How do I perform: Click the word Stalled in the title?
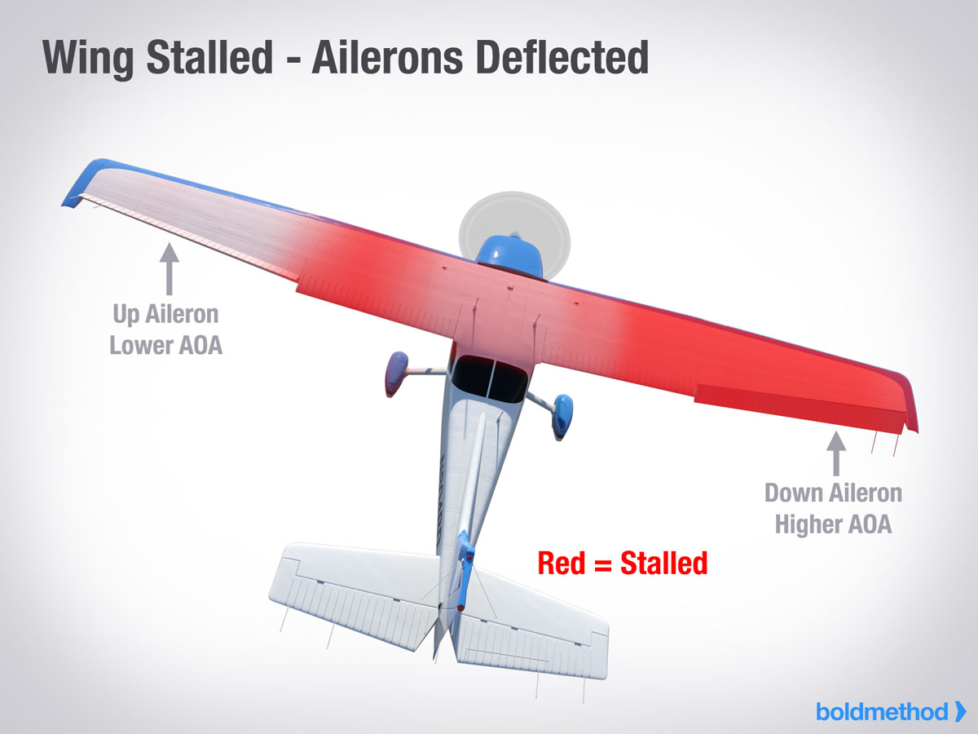tap(209, 57)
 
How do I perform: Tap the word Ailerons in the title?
tap(388, 57)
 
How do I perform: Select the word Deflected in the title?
tap(562, 57)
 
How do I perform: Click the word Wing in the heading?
tap(88, 60)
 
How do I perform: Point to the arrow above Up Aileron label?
tap(170, 269)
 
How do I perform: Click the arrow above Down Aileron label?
tap(836, 453)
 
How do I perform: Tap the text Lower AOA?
tap(165, 345)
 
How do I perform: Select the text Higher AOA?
tap(833, 524)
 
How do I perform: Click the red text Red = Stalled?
tap(623, 564)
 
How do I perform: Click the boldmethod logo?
tap(891, 712)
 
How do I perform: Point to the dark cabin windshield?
tap(489, 378)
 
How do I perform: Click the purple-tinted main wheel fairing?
tap(396, 373)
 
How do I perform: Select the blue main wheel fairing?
tap(562, 415)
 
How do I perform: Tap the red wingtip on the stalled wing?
tap(908, 401)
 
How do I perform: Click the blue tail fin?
tap(465, 570)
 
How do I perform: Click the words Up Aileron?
tap(165, 315)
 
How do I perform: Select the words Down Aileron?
tap(833, 493)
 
